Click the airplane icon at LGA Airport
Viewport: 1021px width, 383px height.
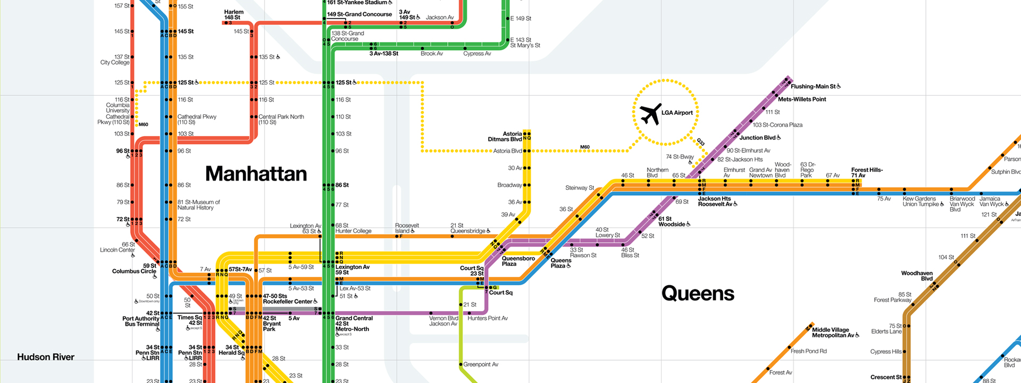coord(650,114)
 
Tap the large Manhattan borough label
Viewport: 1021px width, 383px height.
coord(256,174)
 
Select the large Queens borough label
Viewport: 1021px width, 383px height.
coord(698,294)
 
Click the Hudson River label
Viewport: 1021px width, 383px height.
coord(46,357)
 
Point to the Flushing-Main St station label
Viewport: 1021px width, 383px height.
coord(813,86)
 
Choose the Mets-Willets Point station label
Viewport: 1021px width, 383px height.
coord(801,99)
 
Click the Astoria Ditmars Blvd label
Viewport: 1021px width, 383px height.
coord(505,137)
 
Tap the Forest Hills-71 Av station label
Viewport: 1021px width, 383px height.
coord(866,172)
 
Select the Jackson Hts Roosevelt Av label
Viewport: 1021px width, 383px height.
coord(715,202)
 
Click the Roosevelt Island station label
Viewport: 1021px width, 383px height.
coord(407,228)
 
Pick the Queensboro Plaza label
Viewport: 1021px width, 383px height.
coord(518,261)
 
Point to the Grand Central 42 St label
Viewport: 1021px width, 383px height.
coord(354,323)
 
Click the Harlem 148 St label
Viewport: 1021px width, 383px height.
coord(233,14)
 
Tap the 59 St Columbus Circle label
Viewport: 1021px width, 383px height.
coord(134,269)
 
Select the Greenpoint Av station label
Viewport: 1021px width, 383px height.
coord(480,364)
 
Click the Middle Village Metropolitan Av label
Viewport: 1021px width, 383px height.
coord(833,332)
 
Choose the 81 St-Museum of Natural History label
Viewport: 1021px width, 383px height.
coord(198,205)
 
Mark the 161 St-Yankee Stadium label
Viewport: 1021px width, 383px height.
coord(357,3)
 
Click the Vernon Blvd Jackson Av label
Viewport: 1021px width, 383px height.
coord(443,321)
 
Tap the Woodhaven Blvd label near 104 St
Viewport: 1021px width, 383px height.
coord(917,276)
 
